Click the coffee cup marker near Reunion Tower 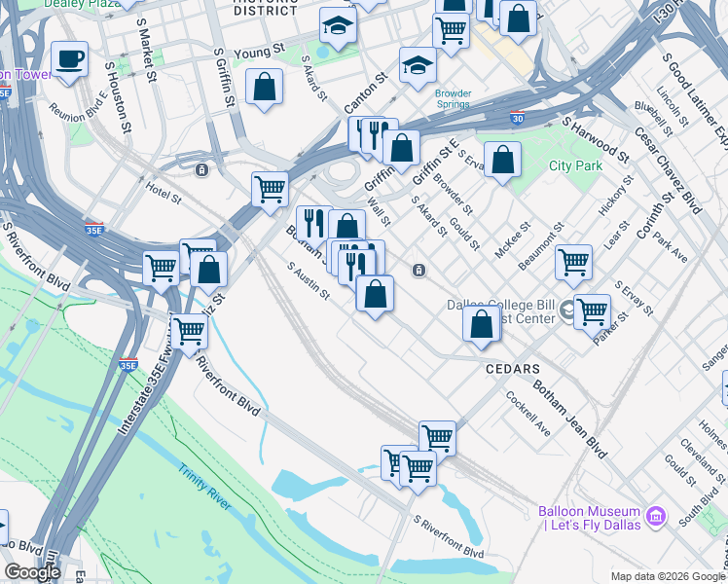(x=69, y=58)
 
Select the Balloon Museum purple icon (x=655, y=513)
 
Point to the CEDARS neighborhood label (x=513, y=370)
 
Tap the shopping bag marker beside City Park (x=502, y=162)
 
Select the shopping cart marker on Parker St (x=592, y=312)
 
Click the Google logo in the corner (x=32, y=572)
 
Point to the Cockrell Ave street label (x=528, y=413)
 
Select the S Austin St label (x=309, y=283)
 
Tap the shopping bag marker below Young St (x=265, y=89)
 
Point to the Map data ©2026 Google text (x=667, y=575)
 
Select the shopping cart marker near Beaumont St (x=573, y=262)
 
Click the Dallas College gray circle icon (x=566, y=311)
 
